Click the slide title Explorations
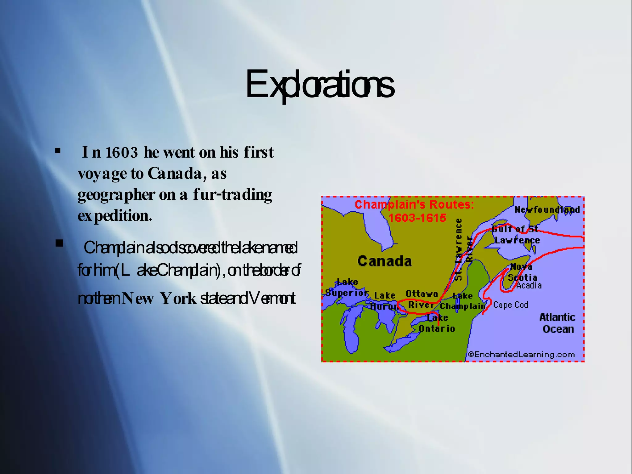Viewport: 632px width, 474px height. click(319, 84)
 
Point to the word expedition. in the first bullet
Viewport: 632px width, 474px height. click(115, 216)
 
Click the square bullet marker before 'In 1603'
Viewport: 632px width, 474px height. click(58, 151)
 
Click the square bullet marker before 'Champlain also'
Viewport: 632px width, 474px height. click(59, 243)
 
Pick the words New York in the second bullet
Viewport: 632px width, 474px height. click(159, 298)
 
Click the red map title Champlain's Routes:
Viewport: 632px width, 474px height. click(414, 205)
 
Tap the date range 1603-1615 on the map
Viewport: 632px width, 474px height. click(417, 218)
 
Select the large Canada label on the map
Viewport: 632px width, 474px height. click(385, 261)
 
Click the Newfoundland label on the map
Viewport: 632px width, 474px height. click(547, 210)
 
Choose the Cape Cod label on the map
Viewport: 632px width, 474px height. click(510, 305)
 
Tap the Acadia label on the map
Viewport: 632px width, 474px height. click(529, 285)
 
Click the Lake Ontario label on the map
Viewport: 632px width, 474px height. click(437, 323)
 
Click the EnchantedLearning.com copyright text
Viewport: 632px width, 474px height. click(522, 355)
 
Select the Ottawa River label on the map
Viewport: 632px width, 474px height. click(421, 299)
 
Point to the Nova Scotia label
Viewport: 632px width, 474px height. click(522, 272)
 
